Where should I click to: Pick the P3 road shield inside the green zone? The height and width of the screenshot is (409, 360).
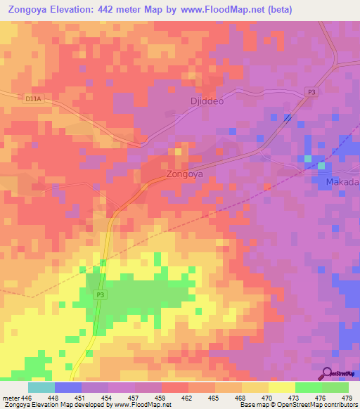click(x=100, y=295)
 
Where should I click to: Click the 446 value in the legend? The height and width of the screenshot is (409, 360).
click(x=26, y=397)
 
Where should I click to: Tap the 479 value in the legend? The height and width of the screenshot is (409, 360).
click(x=347, y=397)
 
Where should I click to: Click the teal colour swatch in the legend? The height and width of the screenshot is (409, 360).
click(x=41, y=387)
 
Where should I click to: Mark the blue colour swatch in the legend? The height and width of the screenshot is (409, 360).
click(x=67, y=387)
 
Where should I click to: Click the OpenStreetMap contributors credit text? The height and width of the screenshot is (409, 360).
click(x=320, y=405)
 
